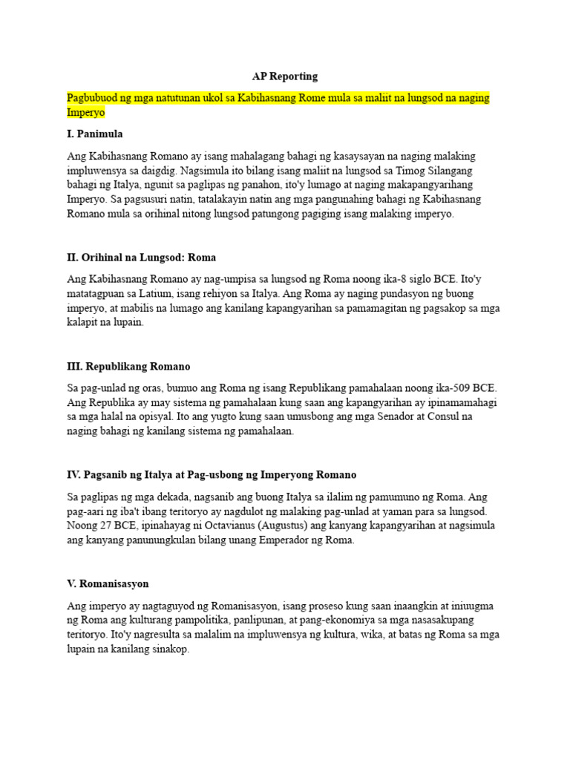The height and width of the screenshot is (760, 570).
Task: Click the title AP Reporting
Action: pyautogui.click(x=285, y=76)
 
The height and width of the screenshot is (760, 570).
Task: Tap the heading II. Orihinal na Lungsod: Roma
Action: pyautogui.click(x=141, y=258)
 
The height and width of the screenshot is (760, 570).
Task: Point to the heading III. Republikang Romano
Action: pyautogui.click(x=128, y=367)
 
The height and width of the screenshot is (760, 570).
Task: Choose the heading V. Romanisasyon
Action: pyautogui.click(x=108, y=584)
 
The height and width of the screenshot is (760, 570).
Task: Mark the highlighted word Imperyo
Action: pyautogui.click(x=86, y=112)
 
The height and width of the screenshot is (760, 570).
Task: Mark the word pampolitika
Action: pyautogui.click(x=202, y=620)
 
